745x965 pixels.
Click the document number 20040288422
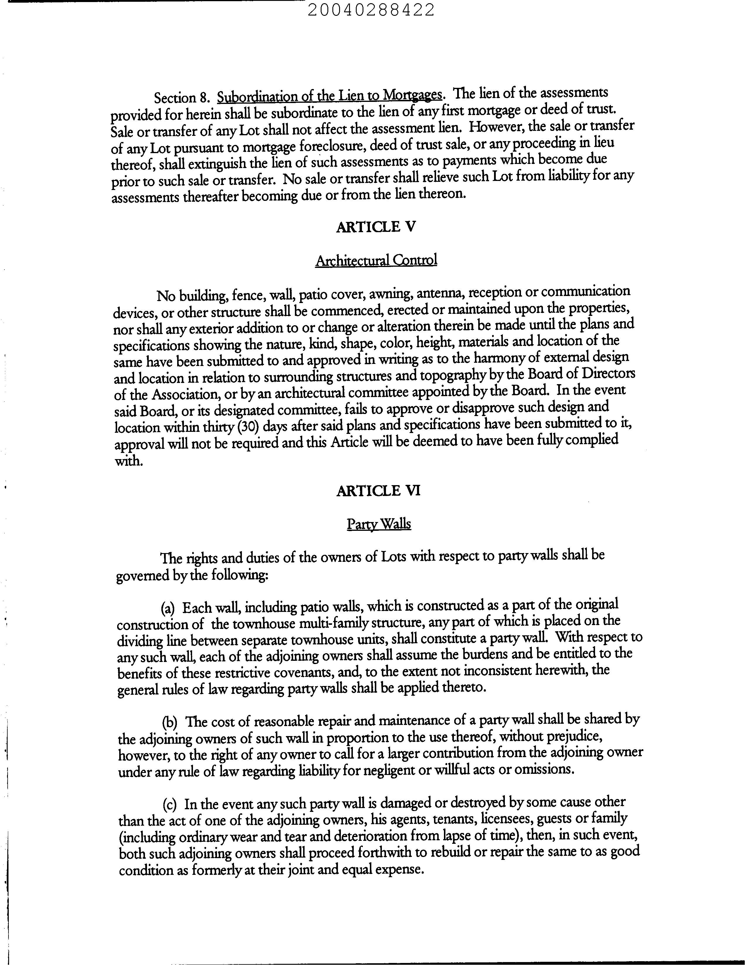point(371,10)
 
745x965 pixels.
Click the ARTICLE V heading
point(376,227)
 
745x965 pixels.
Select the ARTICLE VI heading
point(378,491)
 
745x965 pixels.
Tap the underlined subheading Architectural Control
point(376,260)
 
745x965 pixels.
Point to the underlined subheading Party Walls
point(379,524)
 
